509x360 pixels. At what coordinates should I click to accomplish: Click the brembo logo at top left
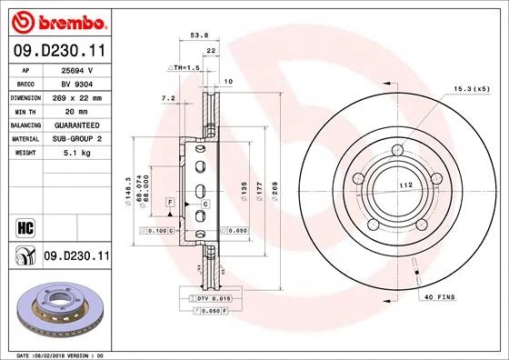[x=57, y=18]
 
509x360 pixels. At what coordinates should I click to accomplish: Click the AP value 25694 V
[x=77, y=68]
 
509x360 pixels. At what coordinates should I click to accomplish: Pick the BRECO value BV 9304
[x=77, y=82]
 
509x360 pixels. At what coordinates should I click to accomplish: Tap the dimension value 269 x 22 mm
[x=77, y=95]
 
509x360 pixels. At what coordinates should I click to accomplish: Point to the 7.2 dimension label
[x=167, y=97]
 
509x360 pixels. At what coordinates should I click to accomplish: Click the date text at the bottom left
[x=62, y=352]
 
